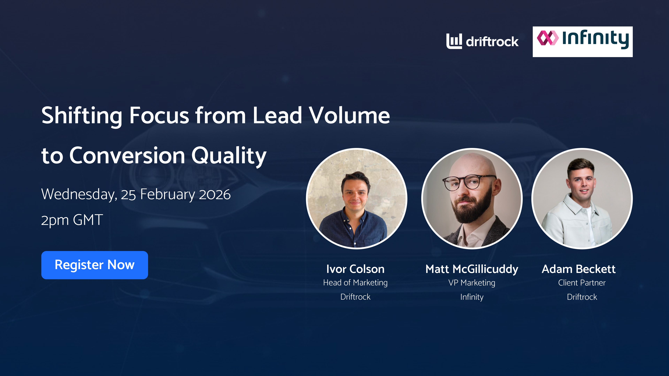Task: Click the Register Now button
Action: [x=95, y=265]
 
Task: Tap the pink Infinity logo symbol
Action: [x=547, y=38]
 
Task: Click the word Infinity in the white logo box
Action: [x=595, y=39]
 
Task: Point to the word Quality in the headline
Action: [x=229, y=156]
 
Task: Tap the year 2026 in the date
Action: [x=214, y=195]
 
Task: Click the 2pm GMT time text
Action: [x=72, y=220]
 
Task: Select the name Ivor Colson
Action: [x=355, y=269]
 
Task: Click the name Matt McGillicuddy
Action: [x=472, y=269]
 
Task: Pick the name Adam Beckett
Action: [x=579, y=269]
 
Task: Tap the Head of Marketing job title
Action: [x=355, y=283]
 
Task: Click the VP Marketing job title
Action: [x=472, y=283]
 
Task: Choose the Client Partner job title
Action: [x=582, y=283]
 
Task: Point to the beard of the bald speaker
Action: [x=471, y=210]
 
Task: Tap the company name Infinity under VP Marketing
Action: [x=472, y=297]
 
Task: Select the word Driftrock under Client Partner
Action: [x=582, y=297]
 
